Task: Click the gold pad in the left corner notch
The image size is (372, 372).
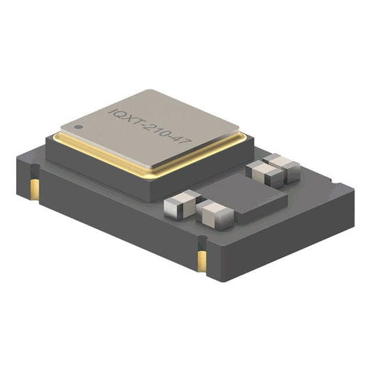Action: pos(35,189)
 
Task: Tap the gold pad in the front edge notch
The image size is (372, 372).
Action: pos(202,261)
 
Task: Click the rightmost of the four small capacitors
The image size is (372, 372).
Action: pos(283,168)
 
